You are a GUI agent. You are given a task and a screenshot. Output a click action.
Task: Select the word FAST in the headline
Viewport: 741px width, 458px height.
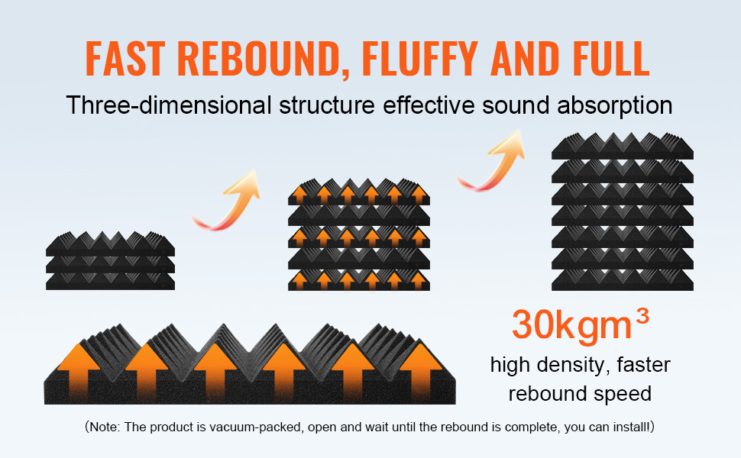(126, 58)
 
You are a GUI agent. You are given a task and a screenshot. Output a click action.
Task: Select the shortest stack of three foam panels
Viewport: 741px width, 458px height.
(111, 260)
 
